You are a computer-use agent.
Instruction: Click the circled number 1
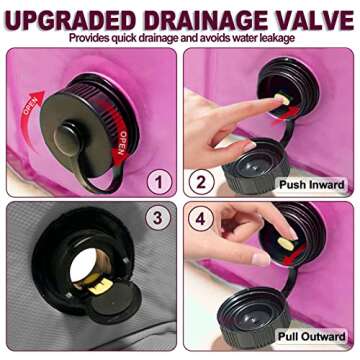159,183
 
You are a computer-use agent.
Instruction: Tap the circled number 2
201,183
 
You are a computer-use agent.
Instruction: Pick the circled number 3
157,218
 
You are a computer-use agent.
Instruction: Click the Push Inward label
312,184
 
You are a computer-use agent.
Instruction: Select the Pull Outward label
312,336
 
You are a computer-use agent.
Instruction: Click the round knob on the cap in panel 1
67,138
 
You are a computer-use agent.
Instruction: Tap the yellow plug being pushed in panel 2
282,99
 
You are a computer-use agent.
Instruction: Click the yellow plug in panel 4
285,244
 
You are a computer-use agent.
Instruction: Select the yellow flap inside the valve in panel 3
100,287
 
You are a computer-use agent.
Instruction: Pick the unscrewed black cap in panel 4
254,317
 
